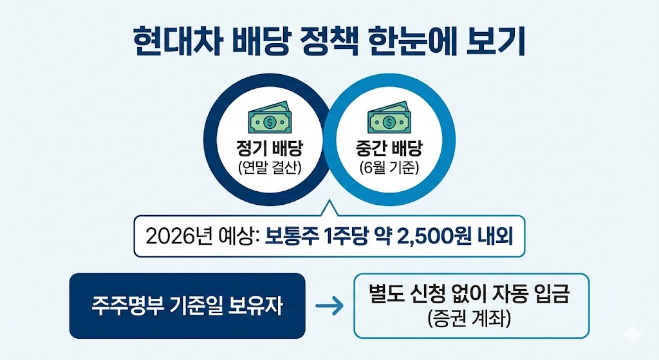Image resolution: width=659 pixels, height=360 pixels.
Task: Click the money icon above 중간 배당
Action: [x=388, y=119]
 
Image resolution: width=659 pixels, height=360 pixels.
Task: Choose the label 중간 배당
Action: [x=389, y=150]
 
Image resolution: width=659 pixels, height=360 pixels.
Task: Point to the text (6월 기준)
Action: [x=389, y=169]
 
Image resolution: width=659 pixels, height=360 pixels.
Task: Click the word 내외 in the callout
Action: [x=496, y=236]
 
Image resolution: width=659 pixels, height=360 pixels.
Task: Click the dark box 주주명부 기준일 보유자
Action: [x=187, y=306]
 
